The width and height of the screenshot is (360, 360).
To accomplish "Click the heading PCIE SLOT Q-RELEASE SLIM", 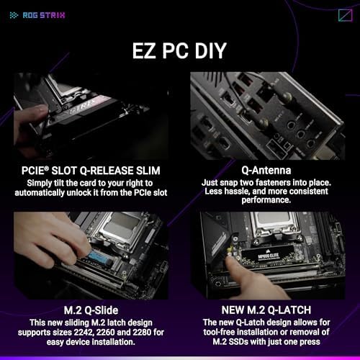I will (90, 171).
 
